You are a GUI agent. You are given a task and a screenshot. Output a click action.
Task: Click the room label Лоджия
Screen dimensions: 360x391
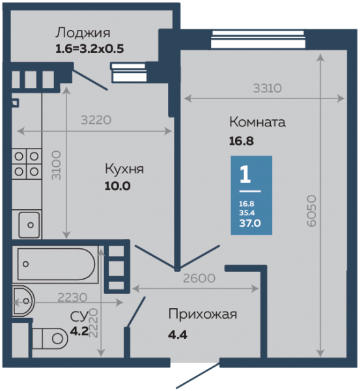coord(83,33)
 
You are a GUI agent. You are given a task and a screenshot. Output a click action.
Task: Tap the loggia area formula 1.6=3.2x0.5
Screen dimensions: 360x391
coord(89,49)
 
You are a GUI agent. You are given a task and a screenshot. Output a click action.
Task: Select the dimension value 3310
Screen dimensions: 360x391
coord(268,88)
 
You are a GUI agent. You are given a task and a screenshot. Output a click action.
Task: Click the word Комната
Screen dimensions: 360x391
coord(257,123)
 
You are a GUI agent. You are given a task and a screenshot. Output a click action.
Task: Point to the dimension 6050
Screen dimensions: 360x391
coord(311,211)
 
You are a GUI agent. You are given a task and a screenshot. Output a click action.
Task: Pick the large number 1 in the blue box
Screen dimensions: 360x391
coord(245,175)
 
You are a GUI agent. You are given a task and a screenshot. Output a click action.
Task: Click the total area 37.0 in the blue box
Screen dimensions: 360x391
coord(250,223)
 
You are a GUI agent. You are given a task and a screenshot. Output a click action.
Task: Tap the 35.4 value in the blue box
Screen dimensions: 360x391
coord(247,212)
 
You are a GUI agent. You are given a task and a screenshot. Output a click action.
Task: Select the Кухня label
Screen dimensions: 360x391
coord(124,169)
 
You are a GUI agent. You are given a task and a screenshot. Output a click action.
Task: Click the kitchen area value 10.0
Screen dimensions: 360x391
coord(118,186)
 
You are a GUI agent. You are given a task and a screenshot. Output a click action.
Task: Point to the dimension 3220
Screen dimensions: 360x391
coord(96,120)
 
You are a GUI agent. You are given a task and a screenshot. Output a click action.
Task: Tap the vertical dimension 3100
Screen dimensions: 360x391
coord(56,165)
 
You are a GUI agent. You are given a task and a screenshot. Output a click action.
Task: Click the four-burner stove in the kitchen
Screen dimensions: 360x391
coord(27,164)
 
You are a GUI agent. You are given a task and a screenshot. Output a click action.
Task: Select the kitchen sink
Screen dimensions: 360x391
coord(29,225)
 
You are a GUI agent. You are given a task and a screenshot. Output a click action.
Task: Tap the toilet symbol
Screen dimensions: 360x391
coord(50,339)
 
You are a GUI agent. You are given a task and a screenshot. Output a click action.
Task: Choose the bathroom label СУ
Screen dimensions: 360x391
coord(79,317)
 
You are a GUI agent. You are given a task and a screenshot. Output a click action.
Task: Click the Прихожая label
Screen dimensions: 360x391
coord(203,315)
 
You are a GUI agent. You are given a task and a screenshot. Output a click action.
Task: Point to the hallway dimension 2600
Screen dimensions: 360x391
coord(199,278)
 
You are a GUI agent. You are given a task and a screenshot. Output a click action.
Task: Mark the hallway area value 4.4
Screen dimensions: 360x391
coord(178,334)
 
